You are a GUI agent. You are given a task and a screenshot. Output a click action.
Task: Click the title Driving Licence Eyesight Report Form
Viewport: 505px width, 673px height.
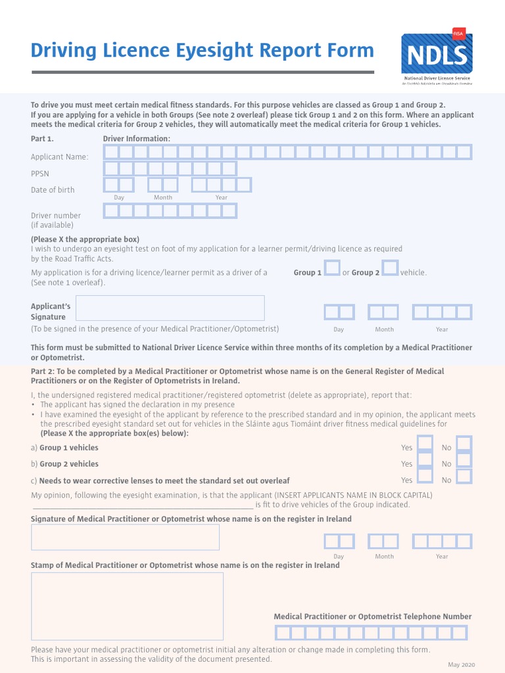click(x=203, y=51)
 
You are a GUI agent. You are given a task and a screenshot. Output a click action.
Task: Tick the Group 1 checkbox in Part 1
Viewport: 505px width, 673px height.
click(x=332, y=268)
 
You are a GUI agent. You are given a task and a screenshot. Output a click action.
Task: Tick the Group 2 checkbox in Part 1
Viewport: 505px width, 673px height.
click(x=390, y=268)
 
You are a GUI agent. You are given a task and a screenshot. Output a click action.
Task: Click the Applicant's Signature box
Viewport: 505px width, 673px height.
click(x=171, y=308)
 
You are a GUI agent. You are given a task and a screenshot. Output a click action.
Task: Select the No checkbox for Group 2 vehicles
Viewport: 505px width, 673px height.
click(x=464, y=461)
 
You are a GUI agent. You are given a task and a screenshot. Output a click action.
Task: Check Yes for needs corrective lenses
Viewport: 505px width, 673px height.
click(x=425, y=476)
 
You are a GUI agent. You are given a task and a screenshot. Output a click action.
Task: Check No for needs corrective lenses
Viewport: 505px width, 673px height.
click(x=464, y=476)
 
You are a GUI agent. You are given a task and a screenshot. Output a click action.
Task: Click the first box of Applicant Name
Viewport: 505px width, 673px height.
click(x=111, y=152)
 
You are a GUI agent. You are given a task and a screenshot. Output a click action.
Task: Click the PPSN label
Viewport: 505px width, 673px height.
click(x=40, y=174)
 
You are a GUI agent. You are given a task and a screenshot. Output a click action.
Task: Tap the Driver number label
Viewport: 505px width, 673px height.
click(x=56, y=216)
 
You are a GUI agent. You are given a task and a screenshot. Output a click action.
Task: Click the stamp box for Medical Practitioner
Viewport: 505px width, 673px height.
click(x=127, y=606)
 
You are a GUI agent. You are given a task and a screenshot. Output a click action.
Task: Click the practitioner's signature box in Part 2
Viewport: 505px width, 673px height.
click(x=125, y=537)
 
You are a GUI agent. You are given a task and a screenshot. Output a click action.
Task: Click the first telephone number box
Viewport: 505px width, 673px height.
click(x=282, y=633)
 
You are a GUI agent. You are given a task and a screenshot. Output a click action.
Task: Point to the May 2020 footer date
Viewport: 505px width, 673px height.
click(x=461, y=665)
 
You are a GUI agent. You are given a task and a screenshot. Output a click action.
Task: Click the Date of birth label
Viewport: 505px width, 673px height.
click(x=53, y=190)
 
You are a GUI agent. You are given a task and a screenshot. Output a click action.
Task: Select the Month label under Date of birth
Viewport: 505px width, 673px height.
click(x=163, y=197)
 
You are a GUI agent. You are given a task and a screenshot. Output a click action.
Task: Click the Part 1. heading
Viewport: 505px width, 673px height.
click(x=43, y=139)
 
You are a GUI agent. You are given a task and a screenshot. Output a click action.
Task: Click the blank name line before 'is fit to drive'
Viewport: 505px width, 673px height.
click(x=142, y=505)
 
